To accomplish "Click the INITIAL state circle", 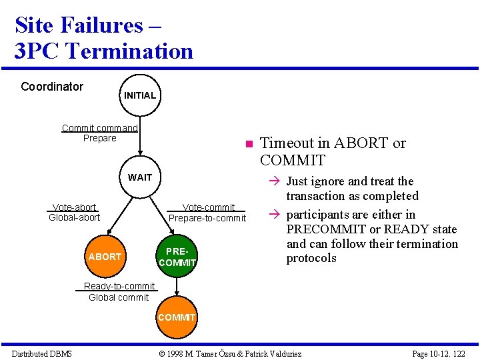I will pos(139,95).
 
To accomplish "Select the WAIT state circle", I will pos(140,177).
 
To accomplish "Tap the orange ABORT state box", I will pos(105,257).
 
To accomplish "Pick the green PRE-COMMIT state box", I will pos(177,257).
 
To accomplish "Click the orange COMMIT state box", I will pos(177,317).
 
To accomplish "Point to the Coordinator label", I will pos(52,87).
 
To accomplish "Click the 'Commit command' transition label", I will pos(99,128).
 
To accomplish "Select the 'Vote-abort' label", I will pos(74,207).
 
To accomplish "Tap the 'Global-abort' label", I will pos(74,217).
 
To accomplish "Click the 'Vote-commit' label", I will pos(208,207).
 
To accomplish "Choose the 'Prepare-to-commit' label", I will pos(207,218).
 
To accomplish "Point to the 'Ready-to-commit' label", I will pos(119,287).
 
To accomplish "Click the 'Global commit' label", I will pos(119,297).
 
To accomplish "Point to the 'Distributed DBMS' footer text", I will pos(41,353).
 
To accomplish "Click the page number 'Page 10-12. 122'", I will pos(439,353).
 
